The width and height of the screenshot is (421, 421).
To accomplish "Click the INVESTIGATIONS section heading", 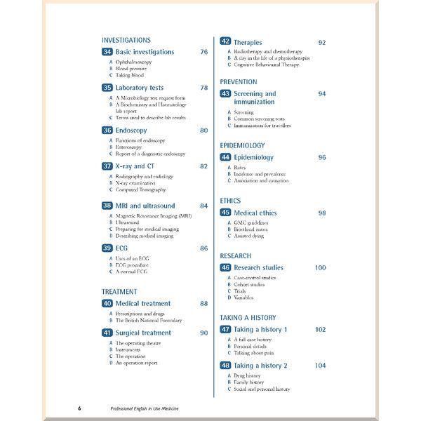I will click(126, 41).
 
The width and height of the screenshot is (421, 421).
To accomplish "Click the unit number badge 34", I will click(107, 52).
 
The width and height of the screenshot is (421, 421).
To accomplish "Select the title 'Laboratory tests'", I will click(140, 88).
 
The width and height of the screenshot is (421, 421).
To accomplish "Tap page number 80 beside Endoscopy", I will click(203, 131).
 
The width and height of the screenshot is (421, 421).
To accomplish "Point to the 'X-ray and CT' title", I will click(135, 166).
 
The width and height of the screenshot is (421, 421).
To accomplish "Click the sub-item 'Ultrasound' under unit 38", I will click(128, 222).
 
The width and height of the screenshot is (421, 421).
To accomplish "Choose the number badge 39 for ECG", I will click(107, 248).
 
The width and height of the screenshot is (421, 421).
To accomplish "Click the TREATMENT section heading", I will click(119, 292).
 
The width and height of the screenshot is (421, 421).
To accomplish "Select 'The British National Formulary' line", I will click(149, 320).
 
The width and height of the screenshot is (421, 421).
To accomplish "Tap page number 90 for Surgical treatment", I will click(203, 333).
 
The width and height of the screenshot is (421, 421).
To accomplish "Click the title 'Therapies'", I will click(248, 43).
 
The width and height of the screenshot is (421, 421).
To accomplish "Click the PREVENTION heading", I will click(239, 82).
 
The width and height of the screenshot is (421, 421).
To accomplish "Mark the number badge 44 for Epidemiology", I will click(226, 157).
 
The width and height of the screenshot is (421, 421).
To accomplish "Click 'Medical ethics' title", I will click(255, 213).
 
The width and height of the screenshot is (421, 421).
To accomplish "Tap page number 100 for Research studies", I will click(321, 267).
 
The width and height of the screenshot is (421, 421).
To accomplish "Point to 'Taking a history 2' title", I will click(260, 366).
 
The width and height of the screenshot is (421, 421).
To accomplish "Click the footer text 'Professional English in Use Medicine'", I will click(145, 408).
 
